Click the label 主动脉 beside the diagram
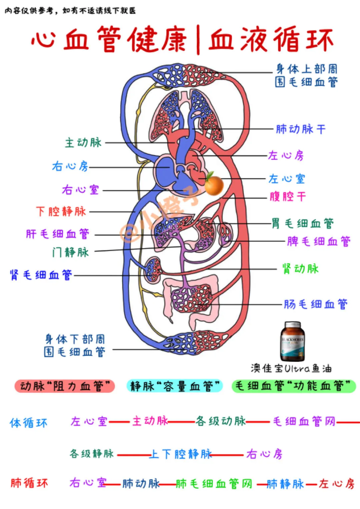(x=83, y=143)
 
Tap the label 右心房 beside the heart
(x=70, y=166)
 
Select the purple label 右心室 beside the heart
(x=80, y=190)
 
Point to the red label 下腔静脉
(x=61, y=211)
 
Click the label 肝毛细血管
(x=58, y=234)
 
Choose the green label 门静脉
(x=70, y=252)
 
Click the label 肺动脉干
(x=301, y=129)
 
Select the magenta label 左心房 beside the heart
(x=286, y=155)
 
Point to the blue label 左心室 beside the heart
(x=287, y=179)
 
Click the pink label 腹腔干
(x=288, y=196)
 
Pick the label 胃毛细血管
(x=303, y=223)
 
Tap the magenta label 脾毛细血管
(x=319, y=241)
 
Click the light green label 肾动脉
(x=300, y=269)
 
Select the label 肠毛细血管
(x=315, y=304)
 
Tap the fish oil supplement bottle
(x=292, y=341)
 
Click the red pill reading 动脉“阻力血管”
(x=65, y=386)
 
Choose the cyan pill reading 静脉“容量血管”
(x=175, y=386)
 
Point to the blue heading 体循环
(x=29, y=423)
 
